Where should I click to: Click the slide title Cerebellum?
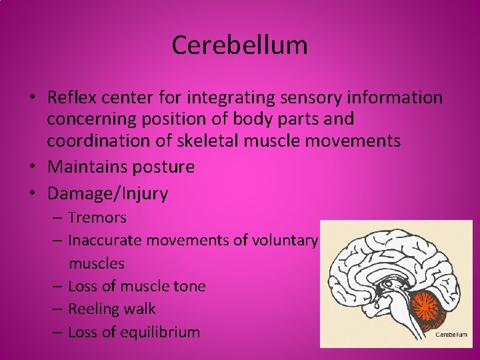tap(239, 45)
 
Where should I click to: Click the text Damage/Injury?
tap(108, 194)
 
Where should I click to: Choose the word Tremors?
tap(97, 218)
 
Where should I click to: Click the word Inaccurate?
tap(106, 241)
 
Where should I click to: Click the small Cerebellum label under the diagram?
tap(451, 335)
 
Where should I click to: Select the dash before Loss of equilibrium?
tap(58, 332)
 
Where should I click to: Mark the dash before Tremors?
tap(58, 218)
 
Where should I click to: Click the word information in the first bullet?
tap(402, 98)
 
